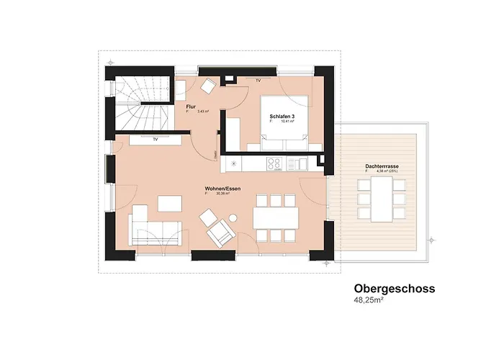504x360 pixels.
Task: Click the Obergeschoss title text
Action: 394,289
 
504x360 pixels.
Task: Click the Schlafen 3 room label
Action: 282,117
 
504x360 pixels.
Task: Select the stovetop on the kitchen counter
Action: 275,164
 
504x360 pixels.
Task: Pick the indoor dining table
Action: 275,217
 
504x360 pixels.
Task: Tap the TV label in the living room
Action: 155,140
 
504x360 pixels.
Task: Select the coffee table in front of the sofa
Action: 171,204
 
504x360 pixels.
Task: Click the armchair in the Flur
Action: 208,86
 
